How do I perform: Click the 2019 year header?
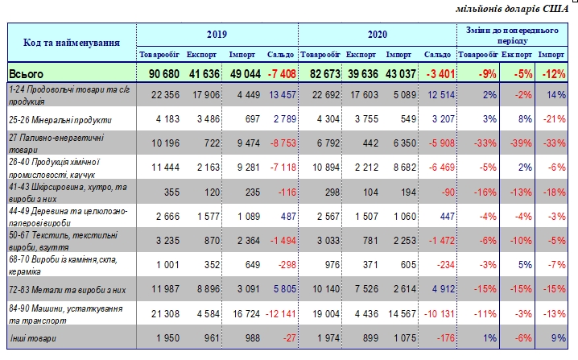point(217,35)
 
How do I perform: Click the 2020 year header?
point(378,35)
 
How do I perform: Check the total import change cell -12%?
point(551,74)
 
